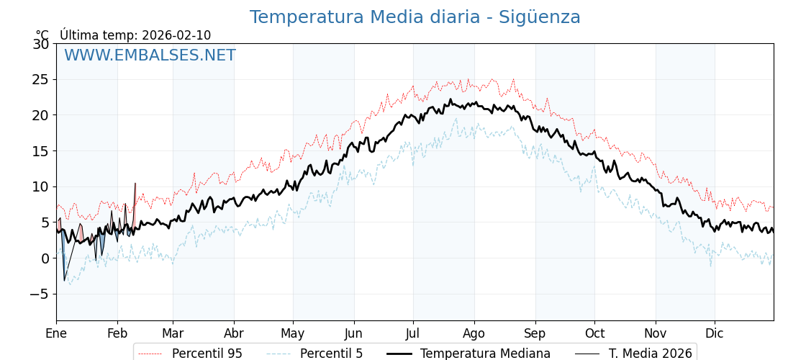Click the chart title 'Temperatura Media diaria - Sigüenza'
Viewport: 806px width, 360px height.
[x=415, y=17]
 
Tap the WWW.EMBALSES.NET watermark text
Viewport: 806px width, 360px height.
[x=150, y=55]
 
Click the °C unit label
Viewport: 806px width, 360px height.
[x=42, y=35]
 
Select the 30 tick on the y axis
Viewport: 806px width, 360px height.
[x=40, y=44]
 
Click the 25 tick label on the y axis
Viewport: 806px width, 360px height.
[x=40, y=79]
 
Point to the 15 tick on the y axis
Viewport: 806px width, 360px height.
[x=40, y=150]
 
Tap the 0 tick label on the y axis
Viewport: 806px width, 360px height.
[x=45, y=258]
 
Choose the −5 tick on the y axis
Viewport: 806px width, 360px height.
[x=39, y=294]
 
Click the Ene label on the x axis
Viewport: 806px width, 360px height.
[x=56, y=333]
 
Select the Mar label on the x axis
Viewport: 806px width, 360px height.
[x=173, y=333]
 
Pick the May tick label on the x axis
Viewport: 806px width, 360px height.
[x=293, y=333]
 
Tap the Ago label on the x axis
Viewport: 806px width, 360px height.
[x=474, y=333]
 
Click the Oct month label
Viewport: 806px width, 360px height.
[x=594, y=333]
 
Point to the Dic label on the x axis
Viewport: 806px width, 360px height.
[x=715, y=333]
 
